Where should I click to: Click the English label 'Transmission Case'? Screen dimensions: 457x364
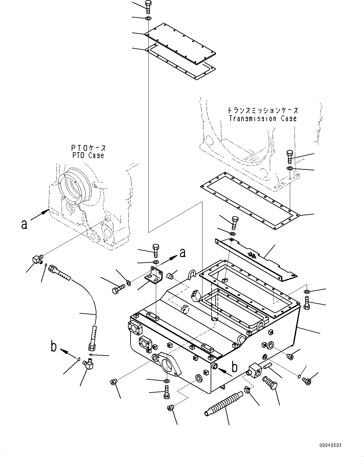[x=263, y=119]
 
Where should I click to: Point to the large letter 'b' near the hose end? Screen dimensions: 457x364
[x=54, y=347]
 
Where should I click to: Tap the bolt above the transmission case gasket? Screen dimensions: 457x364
[x=290, y=157]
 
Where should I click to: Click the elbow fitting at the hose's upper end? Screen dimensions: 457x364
[x=37, y=259]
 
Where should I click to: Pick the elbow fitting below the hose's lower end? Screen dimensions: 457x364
[x=88, y=364]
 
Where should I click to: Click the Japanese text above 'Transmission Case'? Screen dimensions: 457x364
[x=263, y=110]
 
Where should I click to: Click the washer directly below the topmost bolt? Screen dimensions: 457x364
[x=148, y=19]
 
